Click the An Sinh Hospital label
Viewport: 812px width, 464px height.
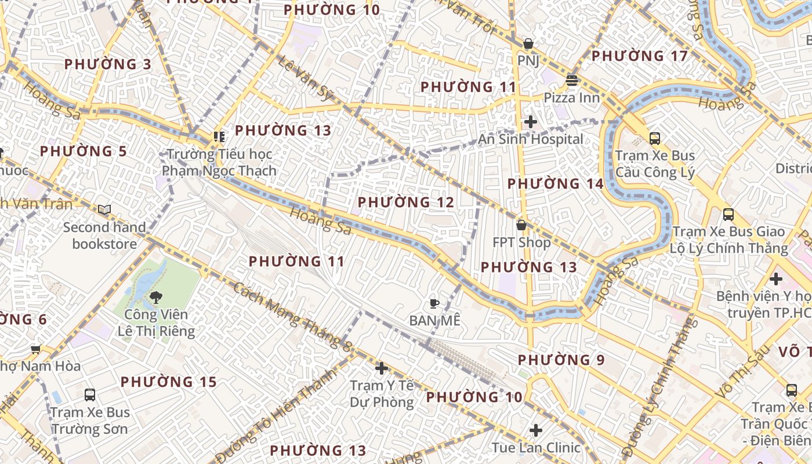pos(531,139)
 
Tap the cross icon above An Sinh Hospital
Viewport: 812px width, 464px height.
pos(530,122)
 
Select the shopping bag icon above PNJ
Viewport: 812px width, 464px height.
pos(528,43)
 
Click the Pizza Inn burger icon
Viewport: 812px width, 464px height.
pos(572,81)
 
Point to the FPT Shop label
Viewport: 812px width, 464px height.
pos(521,242)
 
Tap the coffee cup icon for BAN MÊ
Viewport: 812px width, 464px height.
pos(434,303)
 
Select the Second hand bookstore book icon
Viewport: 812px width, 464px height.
pos(104,210)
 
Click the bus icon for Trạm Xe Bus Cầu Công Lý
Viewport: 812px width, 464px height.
pos(655,139)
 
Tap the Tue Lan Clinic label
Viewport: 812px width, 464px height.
pos(536,447)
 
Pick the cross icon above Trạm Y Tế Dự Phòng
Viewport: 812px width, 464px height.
pos(381,368)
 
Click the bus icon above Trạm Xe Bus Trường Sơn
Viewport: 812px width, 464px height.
pos(90,395)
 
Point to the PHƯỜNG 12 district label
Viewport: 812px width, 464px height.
pos(405,202)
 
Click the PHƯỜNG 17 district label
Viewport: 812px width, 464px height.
pos(639,56)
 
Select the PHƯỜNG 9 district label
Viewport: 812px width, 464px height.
pos(561,360)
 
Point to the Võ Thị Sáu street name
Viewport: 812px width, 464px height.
pos(743,371)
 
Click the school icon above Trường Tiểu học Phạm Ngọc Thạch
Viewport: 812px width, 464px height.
pos(219,137)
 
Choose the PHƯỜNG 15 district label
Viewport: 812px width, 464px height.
pos(168,382)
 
